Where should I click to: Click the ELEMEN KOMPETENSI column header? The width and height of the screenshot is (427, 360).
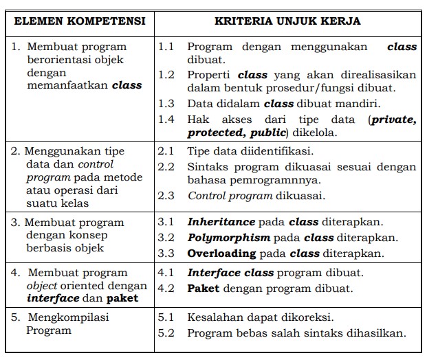(80, 21)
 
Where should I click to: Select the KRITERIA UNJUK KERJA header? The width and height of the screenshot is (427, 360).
(287, 21)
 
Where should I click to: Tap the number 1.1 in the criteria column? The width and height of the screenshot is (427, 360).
(166, 47)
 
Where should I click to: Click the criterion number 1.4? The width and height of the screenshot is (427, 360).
(166, 120)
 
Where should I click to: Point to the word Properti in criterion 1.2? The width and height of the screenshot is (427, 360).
(208, 75)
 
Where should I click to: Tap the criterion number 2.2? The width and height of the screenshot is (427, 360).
(166, 166)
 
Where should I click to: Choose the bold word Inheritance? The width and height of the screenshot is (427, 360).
(221, 222)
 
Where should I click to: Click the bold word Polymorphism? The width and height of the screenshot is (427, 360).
(229, 238)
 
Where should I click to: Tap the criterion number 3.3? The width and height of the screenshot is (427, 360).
(166, 254)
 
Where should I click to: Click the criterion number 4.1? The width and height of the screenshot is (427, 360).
(166, 273)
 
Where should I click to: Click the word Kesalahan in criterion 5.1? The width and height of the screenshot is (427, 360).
(214, 317)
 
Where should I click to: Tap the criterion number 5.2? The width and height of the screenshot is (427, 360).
(166, 333)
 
